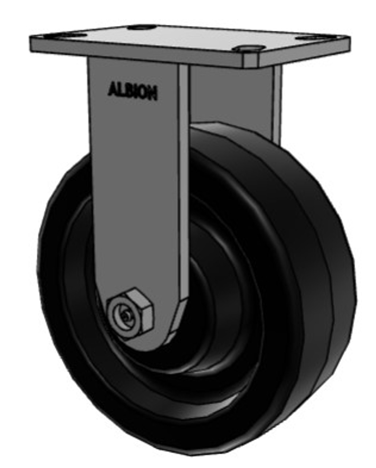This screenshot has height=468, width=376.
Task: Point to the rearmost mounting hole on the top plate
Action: (x=143, y=27)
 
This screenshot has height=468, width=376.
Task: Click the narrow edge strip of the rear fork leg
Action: (x=277, y=102)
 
